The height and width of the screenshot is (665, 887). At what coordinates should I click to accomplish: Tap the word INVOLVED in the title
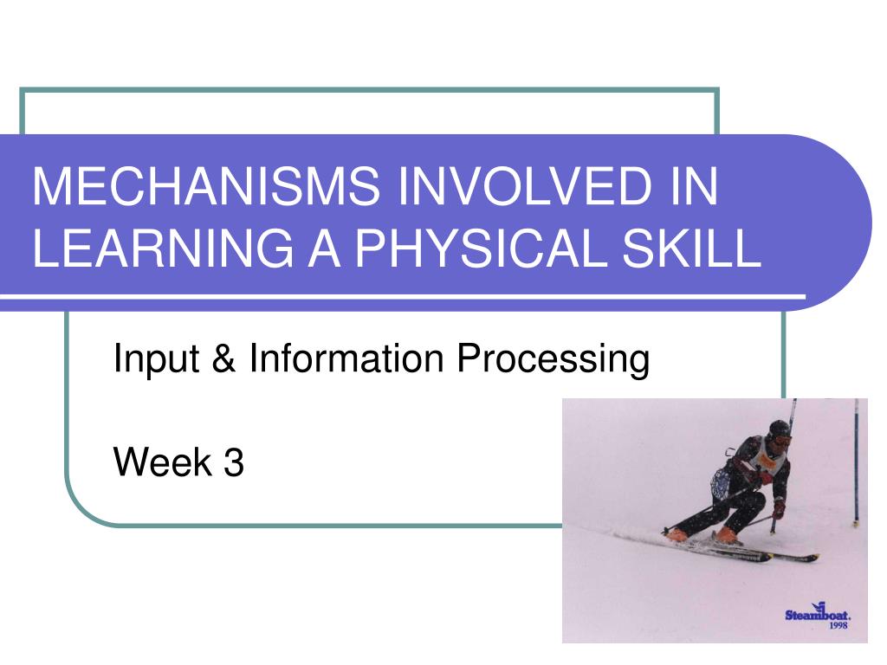526,186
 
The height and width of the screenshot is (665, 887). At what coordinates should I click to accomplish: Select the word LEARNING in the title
164,248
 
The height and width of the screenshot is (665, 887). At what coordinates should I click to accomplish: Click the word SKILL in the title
691,248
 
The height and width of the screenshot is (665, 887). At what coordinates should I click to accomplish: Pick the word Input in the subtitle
156,359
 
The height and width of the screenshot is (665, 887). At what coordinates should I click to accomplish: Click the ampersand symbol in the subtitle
224,358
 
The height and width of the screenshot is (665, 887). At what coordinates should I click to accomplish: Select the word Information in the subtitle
346,358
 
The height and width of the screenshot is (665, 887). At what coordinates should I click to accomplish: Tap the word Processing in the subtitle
553,359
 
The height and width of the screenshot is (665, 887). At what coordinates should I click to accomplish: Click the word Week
163,462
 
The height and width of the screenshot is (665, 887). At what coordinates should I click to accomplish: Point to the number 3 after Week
234,462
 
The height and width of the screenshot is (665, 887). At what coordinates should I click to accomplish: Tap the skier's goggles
782,439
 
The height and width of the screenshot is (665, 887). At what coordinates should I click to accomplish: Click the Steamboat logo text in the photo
818,613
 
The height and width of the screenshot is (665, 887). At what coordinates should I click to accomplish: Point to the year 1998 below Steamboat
838,625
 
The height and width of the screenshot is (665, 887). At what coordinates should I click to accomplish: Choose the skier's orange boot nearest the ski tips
728,535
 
